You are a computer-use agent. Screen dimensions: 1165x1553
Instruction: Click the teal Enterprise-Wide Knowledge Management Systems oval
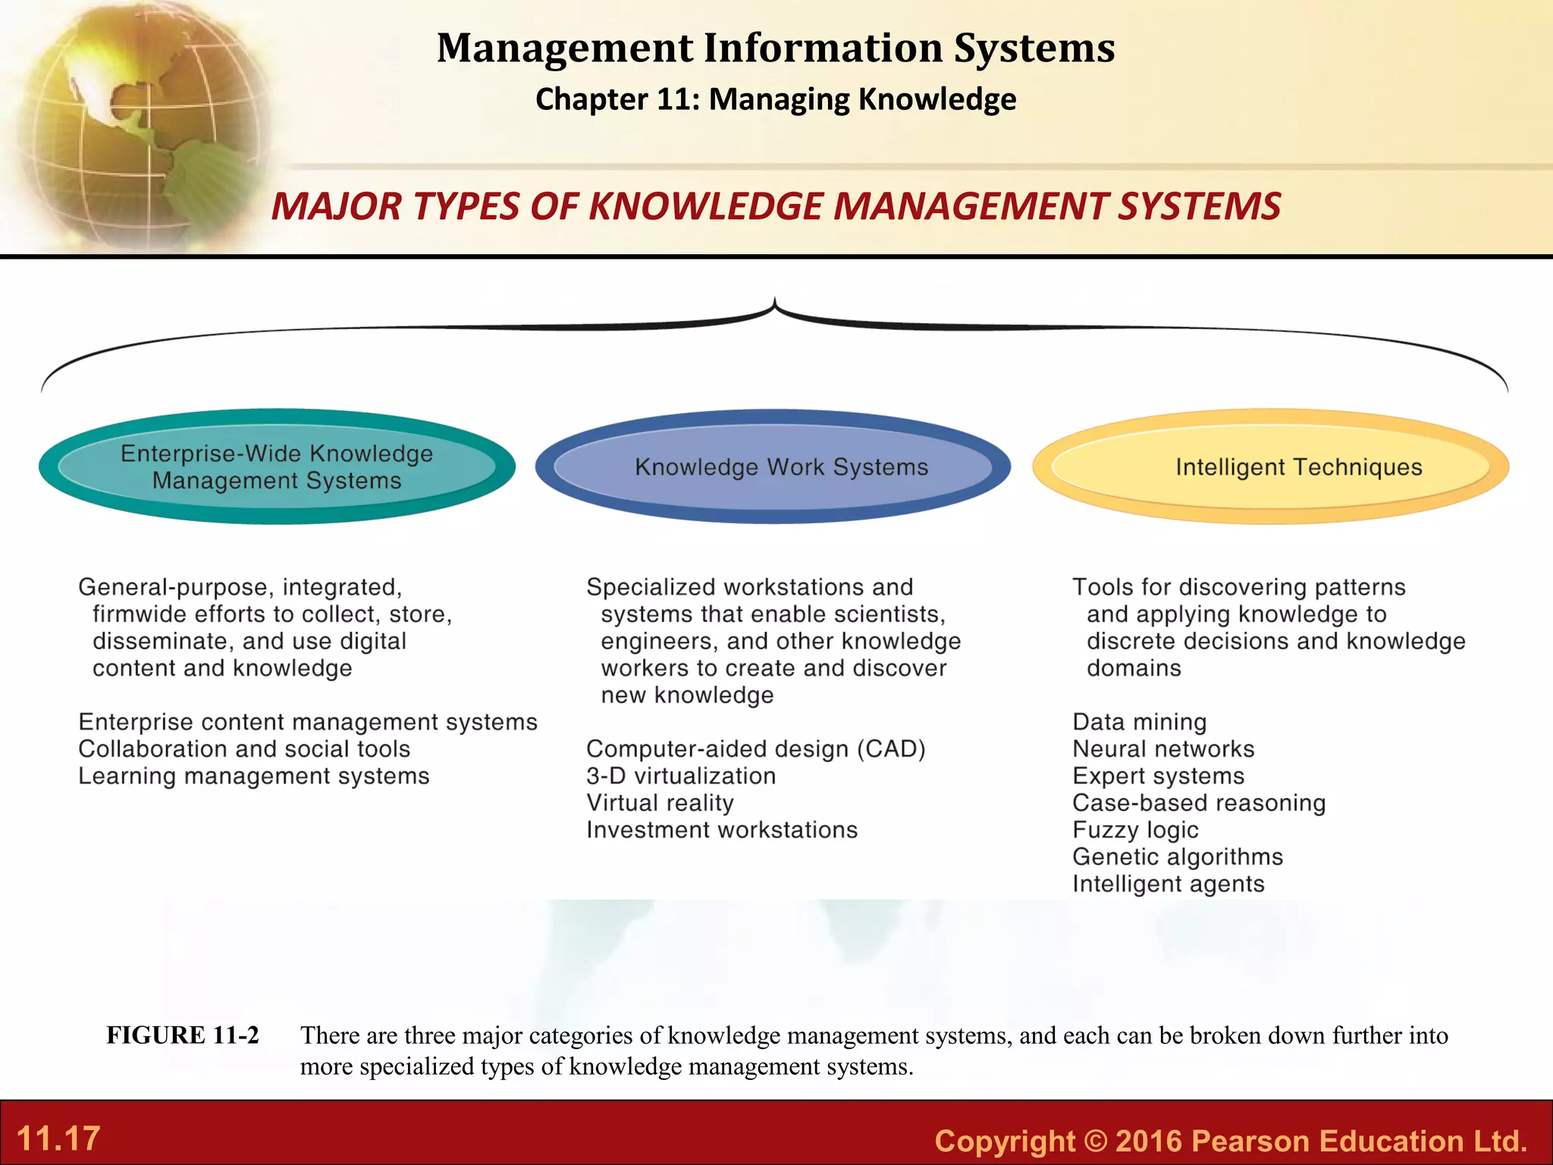point(277,466)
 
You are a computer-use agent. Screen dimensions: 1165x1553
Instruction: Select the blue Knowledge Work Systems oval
point(773,466)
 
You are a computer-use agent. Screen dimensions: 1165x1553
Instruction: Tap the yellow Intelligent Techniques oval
point(1270,466)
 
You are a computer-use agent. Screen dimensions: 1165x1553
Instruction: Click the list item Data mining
point(1139,722)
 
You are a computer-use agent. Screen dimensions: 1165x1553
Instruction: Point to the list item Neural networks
point(1163,749)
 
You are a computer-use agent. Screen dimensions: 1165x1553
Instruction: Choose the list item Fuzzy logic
point(1135,831)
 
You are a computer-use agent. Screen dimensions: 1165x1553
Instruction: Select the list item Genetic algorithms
point(1178,857)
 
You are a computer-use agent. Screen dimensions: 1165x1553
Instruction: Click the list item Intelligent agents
point(1169,884)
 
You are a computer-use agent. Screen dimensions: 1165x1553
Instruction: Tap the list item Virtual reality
point(660,803)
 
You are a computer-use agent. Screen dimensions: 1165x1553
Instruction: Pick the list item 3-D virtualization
point(681,776)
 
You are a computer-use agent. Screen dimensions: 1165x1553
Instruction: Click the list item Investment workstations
point(722,831)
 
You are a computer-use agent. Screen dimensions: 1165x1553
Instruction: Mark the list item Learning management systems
point(254,777)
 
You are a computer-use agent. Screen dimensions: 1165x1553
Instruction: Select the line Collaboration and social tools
point(244,749)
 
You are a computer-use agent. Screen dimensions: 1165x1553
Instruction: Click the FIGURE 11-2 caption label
point(183,1035)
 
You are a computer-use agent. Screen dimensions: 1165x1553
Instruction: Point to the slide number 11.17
point(58,1138)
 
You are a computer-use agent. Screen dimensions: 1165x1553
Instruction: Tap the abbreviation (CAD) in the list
point(892,749)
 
